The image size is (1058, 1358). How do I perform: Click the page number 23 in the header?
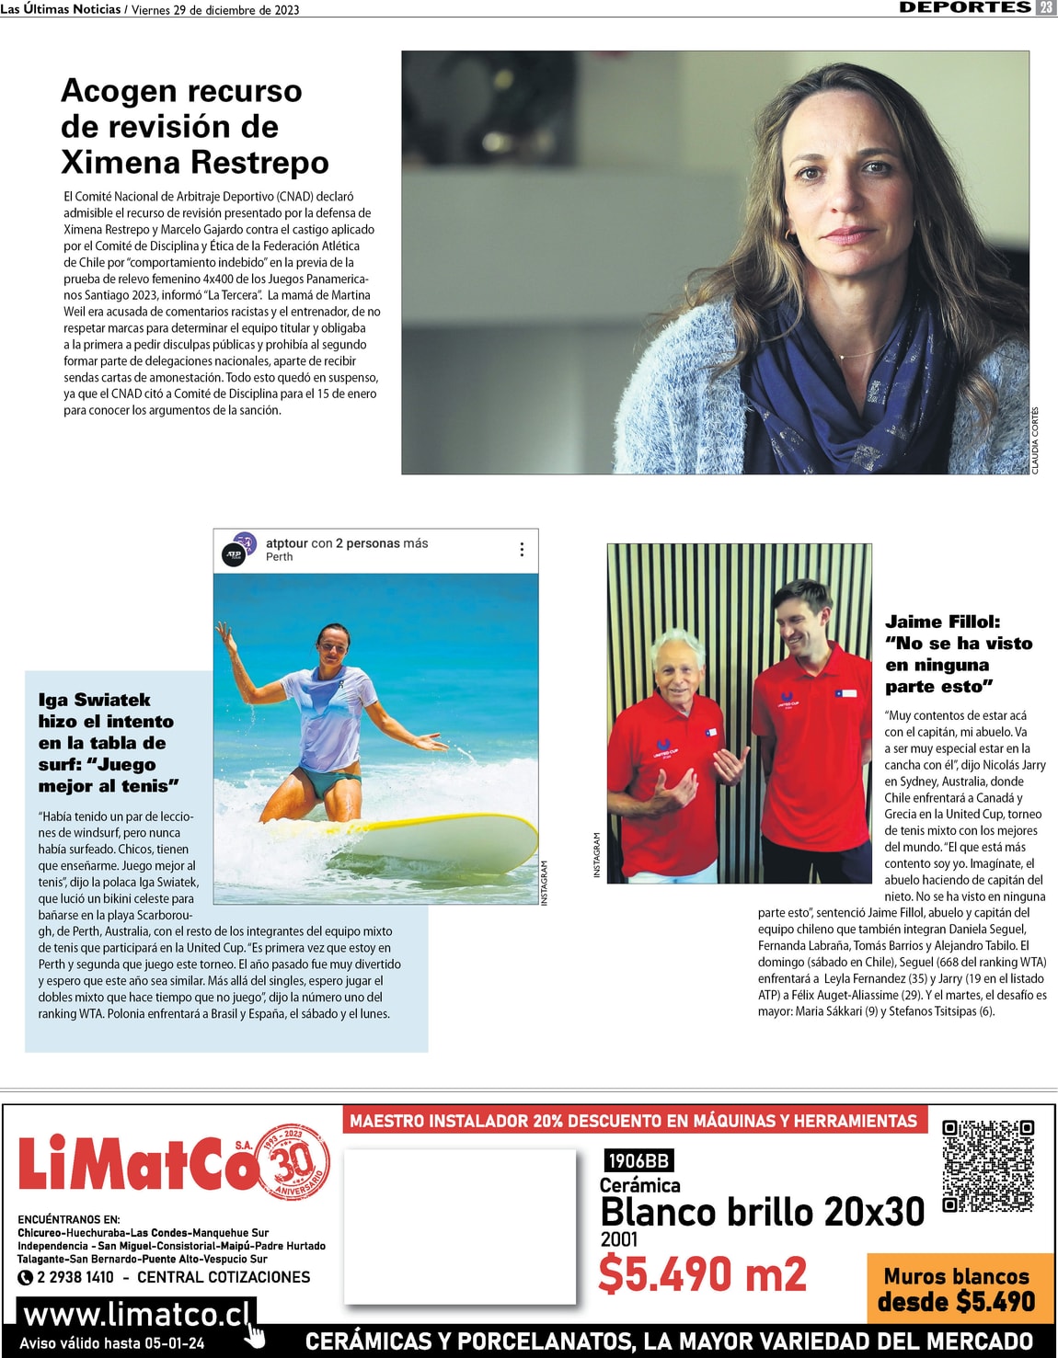pos(1046,7)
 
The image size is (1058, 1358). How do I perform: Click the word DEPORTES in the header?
pos(965,7)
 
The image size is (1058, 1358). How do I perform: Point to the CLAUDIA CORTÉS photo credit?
pos(1035,440)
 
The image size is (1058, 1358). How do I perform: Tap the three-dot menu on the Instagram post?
pos(522,549)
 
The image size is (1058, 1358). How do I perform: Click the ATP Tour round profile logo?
pos(234,554)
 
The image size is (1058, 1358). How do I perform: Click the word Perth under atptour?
pos(279,557)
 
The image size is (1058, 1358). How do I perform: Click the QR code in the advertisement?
pos(988,1166)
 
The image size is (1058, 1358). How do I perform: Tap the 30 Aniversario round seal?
pos(294,1162)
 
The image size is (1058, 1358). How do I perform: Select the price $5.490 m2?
pos(702,1274)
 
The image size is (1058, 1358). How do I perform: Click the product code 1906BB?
pos(638,1160)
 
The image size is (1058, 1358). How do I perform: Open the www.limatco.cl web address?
pos(136,1313)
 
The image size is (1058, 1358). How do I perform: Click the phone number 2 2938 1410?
pos(75,1277)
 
